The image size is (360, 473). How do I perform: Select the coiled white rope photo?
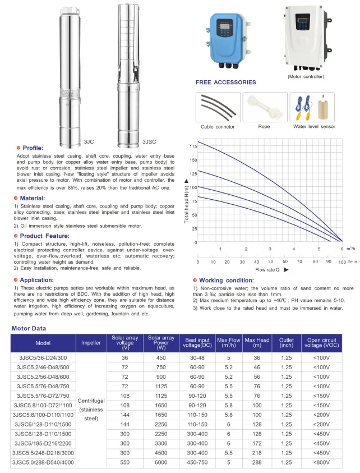264,107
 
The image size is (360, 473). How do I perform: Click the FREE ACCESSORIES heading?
225,82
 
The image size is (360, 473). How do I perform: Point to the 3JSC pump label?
149,142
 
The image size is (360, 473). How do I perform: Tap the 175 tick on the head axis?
193,146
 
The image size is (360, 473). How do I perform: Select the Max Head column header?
257,342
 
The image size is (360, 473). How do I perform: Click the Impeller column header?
91,342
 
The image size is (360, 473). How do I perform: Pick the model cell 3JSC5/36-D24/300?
43,357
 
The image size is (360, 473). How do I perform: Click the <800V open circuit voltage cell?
321,462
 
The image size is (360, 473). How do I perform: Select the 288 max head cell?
257,462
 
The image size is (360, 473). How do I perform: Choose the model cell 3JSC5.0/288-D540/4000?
43,462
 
